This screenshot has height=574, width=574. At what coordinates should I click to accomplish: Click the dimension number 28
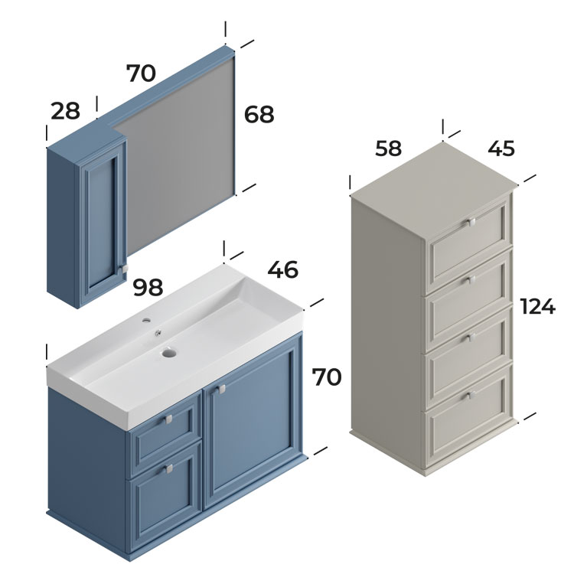click(65, 111)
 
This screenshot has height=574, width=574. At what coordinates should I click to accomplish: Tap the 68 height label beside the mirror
click(259, 114)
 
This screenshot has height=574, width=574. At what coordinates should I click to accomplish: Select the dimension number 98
click(148, 287)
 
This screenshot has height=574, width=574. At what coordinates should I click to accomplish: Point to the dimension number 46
click(282, 269)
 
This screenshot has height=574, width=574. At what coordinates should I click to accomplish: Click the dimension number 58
click(388, 148)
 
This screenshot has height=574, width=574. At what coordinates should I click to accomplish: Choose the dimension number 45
click(501, 148)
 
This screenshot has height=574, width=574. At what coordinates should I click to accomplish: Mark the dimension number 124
click(537, 306)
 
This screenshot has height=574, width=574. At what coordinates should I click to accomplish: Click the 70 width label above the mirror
click(141, 73)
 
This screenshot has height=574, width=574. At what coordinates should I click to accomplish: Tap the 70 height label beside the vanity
click(327, 377)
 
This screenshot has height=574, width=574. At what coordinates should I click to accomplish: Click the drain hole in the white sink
click(169, 353)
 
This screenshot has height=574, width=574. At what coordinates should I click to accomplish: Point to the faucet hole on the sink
click(146, 321)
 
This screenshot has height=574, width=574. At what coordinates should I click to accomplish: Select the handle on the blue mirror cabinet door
click(124, 269)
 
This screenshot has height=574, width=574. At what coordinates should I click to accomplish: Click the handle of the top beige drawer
click(470, 223)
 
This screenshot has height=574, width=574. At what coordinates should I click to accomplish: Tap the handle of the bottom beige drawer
click(470, 396)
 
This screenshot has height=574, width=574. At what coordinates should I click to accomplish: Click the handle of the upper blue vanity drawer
click(168, 419)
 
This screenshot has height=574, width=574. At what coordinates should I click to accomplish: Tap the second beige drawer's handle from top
click(470, 281)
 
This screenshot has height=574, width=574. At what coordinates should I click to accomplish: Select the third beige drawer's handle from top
click(470, 338)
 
